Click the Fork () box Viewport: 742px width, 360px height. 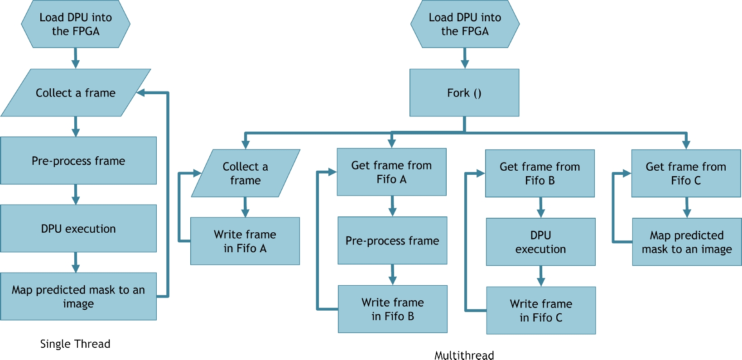pyautogui.click(x=464, y=93)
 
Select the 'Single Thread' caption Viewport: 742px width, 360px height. pyautogui.click(x=75, y=344)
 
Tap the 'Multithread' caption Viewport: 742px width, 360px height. pyautogui.click(x=464, y=355)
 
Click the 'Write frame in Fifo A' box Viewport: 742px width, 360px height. pyautogui.click(x=245, y=241)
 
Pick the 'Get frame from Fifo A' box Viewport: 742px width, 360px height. pyautogui.click(x=391, y=172)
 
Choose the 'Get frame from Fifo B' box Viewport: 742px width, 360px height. pyautogui.click(x=540, y=173)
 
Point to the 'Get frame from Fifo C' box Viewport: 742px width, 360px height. pyautogui.click(x=686, y=173)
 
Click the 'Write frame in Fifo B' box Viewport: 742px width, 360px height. pyautogui.click(x=393, y=309)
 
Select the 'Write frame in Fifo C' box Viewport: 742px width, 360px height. pyautogui.click(x=541, y=310)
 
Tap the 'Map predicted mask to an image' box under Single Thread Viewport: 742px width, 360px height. pyautogui.click(x=78, y=296)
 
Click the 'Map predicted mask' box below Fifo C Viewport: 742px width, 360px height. pyautogui.click(x=687, y=242)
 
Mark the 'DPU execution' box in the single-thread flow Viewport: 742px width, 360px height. pyautogui.click(x=78, y=228)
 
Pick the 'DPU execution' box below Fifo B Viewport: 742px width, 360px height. pyautogui.click(x=540, y=242)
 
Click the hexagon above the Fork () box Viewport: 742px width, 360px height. pyautogui.click(x=465, y=24)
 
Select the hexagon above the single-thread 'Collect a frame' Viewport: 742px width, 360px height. pyautogui.click(x=76, y=24)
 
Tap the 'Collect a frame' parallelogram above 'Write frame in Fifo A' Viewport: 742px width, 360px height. pyautogui.click(x=246, y=173)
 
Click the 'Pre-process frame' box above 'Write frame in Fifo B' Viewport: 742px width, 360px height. pyautogui.click(x=392, y=240)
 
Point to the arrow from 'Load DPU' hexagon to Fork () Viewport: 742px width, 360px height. pyautogui.click(x=465, y=58)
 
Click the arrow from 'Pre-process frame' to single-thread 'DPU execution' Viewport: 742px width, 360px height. pyautogui.click(x=76, y=194)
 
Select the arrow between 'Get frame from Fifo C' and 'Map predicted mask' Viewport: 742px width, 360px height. pyautogui.click(x=687, y=207)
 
